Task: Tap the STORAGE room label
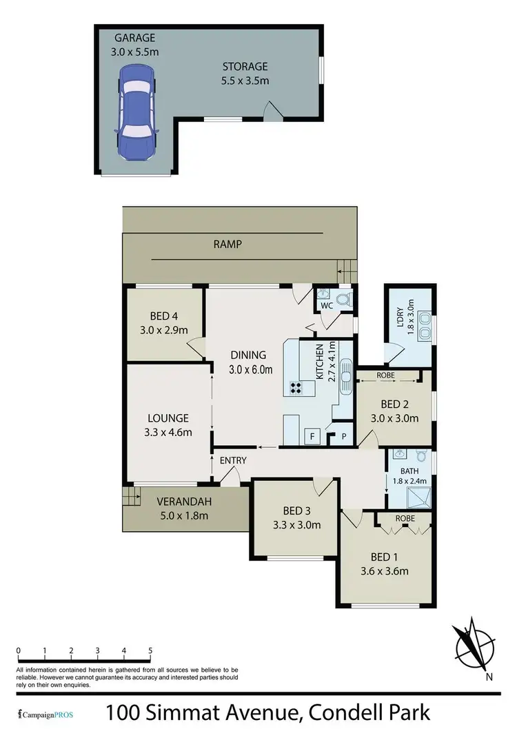245,67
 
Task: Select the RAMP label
227,244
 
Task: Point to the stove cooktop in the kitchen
298,388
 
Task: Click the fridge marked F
312,436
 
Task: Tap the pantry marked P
343,436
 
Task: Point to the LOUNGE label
168,418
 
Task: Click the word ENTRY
233,460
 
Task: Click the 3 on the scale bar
98,650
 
